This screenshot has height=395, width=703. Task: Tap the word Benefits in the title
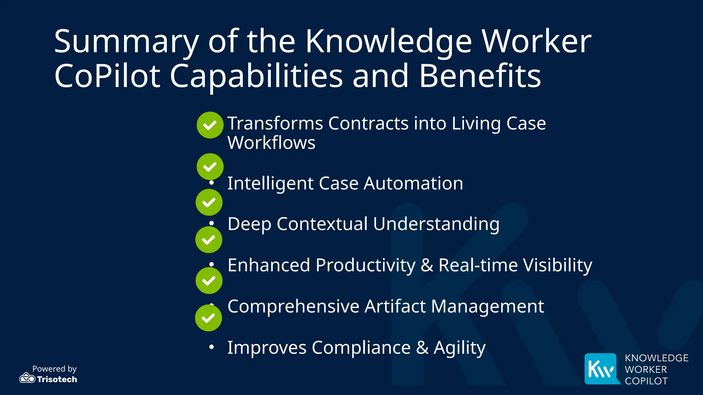(480, 76)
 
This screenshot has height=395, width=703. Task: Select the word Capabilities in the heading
(256, 76)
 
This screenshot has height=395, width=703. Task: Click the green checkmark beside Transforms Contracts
(210, 125)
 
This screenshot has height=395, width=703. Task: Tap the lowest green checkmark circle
(208, 318)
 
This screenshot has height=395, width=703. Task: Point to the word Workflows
(271, 143)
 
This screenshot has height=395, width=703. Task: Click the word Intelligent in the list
(270, 183)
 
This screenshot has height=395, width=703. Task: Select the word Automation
(413, 183)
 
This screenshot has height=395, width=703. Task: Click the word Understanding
(436, 224)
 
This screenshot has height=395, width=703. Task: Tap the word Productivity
(365, 265)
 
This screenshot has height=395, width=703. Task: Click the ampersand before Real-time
(427, 265)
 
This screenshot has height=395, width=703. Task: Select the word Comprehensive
(293, 306)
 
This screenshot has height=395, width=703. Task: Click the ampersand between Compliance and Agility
(422, 348)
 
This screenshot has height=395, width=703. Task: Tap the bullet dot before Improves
(212, 347)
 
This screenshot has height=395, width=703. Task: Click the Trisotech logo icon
(27, 378)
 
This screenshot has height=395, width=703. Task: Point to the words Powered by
(54, 369)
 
